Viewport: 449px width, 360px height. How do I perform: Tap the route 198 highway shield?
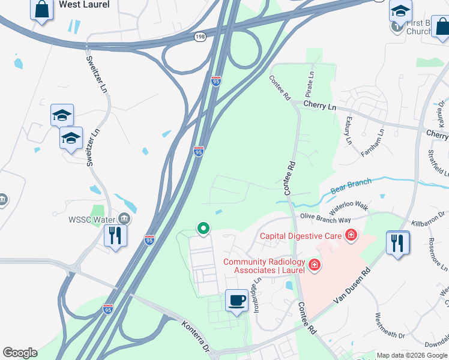200,37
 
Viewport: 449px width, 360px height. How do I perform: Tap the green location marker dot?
203,228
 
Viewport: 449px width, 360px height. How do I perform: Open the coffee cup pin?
237,300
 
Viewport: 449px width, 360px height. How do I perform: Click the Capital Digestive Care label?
301,236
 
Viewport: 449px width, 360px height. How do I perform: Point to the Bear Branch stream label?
351,185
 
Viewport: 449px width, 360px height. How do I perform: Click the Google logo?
20,353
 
